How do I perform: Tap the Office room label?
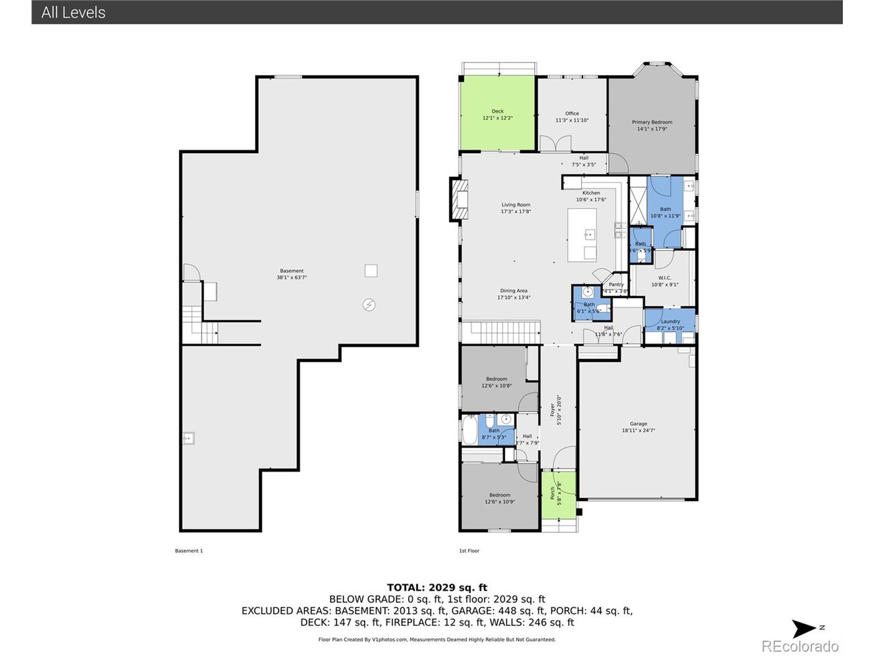coord(571,117)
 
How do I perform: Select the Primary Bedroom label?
coord(651,125)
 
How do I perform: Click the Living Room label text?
coord(515,208)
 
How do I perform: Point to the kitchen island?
coord(582,235)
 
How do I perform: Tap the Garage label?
coord(638,427)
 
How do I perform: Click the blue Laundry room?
coord(670,324)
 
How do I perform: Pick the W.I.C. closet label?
coord(664,281)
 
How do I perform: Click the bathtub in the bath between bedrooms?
coord(470,430)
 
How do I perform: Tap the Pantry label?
coord(616,288)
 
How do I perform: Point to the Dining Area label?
coord(513,294)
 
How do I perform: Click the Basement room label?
coord(291,274)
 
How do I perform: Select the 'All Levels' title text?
coord(73,12)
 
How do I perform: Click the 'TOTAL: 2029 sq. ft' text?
coord(437,587)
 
